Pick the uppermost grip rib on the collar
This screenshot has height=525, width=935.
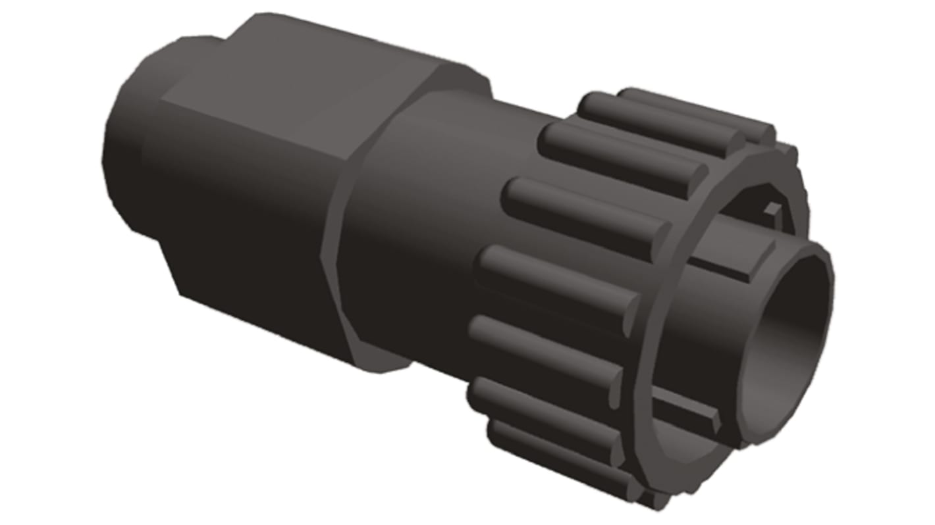[698, 112]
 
